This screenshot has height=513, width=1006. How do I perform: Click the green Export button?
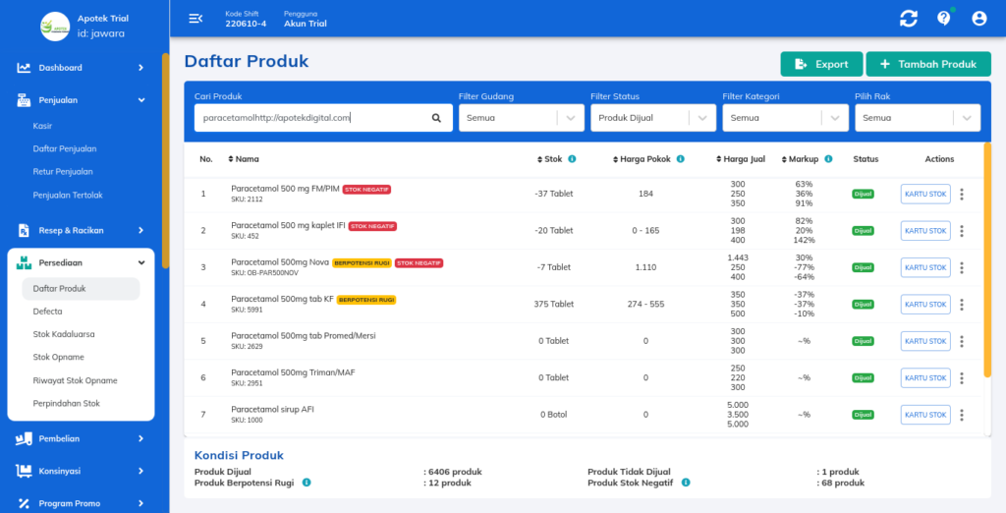(x=821, y=64)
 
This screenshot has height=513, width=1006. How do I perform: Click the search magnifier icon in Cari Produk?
(x=436, y=118)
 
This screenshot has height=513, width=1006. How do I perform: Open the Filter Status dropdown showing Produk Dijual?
(x=652, y=118)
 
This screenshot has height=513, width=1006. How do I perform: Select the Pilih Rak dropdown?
(x=917, y=118)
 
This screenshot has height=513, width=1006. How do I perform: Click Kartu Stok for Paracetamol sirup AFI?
(x=924, y=415)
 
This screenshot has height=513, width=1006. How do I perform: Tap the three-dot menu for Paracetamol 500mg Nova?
(x=962, y=267)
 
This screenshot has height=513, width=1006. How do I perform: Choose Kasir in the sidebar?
(x=42, y=126)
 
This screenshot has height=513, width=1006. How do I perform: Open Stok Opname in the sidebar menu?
(x=58, y=357)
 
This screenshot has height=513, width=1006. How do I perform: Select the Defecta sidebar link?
(x=47, y=312)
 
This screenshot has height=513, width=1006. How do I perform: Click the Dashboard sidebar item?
(x=60, y=68)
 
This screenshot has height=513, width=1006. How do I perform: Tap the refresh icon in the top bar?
(x=908, y=18)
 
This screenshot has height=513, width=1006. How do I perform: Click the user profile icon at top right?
(x=978, y=18)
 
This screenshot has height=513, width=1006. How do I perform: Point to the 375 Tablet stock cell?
(x=554, y=304)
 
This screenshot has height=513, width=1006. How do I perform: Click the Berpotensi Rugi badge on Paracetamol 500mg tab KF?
(x=365, y=300)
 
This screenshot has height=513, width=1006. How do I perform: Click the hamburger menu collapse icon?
(x=196, y=18)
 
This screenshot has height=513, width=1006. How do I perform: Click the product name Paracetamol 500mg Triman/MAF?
(x=292, y=372)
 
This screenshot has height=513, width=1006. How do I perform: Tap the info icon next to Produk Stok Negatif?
(x=685, y=483)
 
